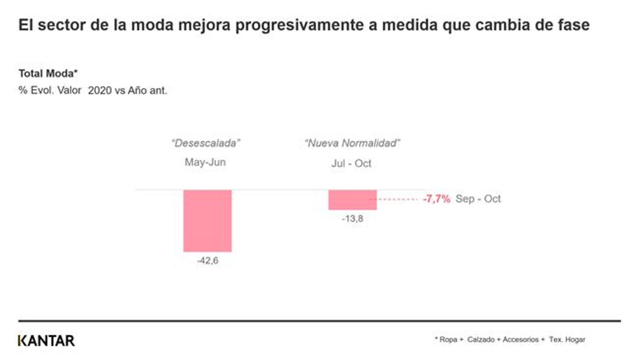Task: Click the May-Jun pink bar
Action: tap(207, 220)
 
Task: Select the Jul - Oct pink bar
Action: tap(352, 200)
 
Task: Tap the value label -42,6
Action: tap(208, 261)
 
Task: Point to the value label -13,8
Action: tap(352, 219)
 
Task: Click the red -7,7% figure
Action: tap(436, 199)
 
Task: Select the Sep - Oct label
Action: tap(478, 199)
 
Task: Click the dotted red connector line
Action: tap(398, 199)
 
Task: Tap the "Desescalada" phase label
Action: tap(206, 143)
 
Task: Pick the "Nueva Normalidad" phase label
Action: tap(352, 143)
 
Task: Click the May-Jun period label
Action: tap(205, 162)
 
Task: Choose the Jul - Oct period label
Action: tap(351, 164)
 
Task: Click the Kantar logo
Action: tap(46, 341)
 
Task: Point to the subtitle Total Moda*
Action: tap(48, 74)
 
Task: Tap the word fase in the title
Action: tap(574, 25)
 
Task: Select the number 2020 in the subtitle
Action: tap(100, 91)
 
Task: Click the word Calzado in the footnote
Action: tap(481, 340)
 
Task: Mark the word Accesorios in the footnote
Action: tap(520, 340)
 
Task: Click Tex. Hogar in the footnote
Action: tap(567, 340)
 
